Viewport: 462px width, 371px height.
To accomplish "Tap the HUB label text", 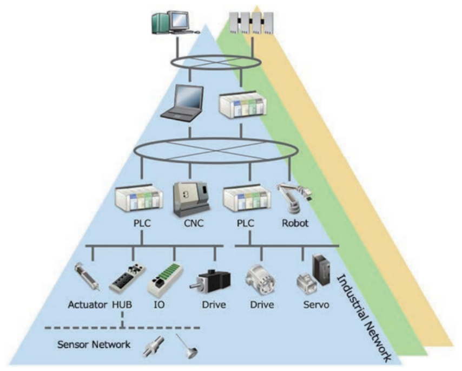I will [123, 305].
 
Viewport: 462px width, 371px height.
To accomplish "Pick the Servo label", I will [316, 305].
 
